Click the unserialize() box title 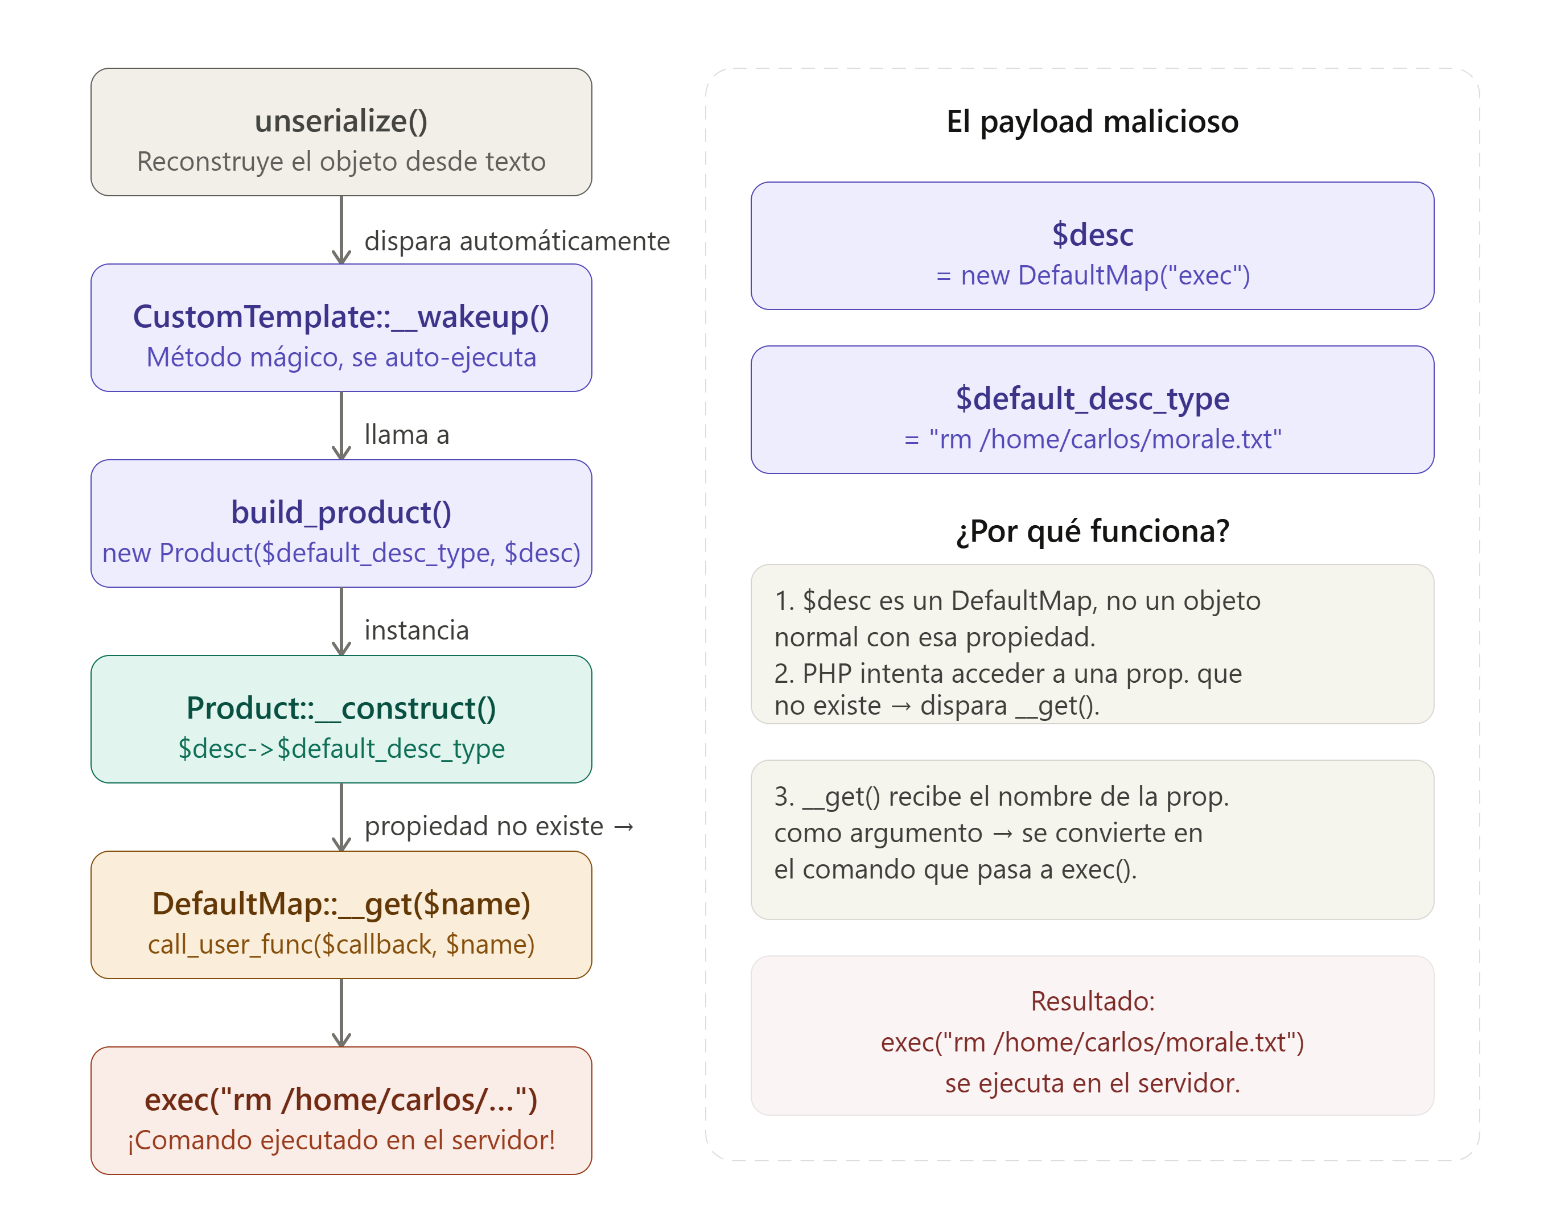[x=341, y=121]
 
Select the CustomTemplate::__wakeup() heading [x=341, y=316]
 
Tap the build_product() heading [x=341, y=513]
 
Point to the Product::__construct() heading [x=341, y=708]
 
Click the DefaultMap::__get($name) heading [x=341, y=904]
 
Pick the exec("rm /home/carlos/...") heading [x=341, y=1100]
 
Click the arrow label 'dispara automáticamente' [x=517, y=241]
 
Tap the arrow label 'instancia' [x=417, y=630]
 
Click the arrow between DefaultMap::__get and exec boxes [x=341, y=1012]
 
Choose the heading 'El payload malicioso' [x=1092, y=121]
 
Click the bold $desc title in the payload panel [x=1092, y=235]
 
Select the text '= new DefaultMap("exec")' [x=1092, y=275]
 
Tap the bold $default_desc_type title [x=1092, y=398]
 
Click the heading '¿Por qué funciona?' [x=1092, y=531]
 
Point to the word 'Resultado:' [x=1092, y=1001]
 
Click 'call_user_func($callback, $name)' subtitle [x=341, y=945]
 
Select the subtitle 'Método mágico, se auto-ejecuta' [x=341, y=357]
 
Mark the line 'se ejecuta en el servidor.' [x=1092, y=1083]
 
